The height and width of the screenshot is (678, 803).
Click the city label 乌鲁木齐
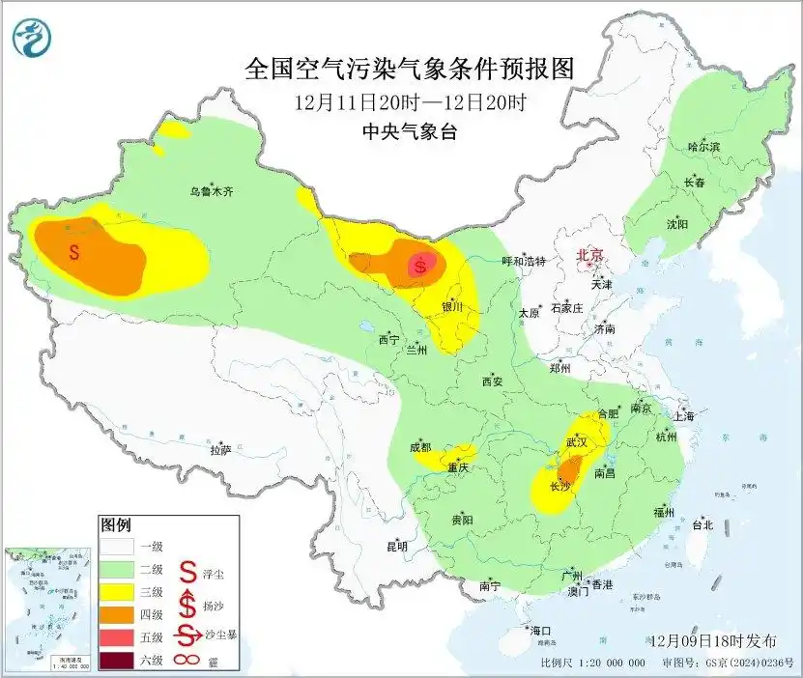211,192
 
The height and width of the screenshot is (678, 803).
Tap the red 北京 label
589,255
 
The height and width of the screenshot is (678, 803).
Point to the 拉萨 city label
220,449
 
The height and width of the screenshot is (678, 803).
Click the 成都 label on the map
419,447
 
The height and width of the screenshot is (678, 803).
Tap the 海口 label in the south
541,631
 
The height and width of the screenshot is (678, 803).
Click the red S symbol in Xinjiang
74,252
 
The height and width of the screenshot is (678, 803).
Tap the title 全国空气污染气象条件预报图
410,70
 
